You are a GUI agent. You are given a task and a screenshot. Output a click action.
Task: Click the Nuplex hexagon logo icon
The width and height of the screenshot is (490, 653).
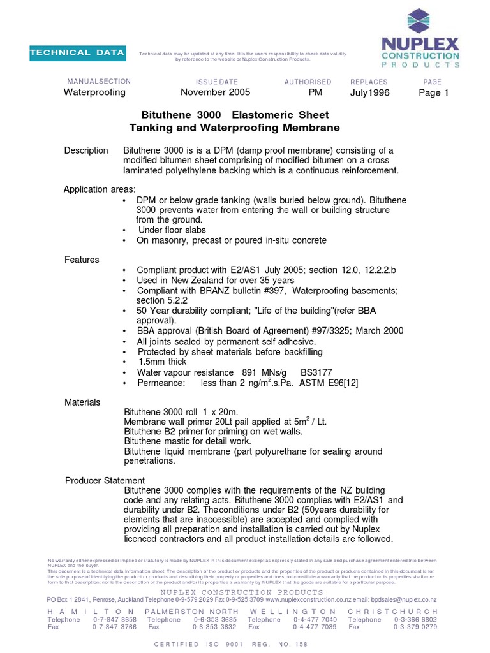point(420,22)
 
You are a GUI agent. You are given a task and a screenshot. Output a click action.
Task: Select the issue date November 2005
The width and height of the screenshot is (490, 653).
point(216,92)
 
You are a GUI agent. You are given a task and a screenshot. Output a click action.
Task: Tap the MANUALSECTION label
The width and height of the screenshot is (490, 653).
point(99,82)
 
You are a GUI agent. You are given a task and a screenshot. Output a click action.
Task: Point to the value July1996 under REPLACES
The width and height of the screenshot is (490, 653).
point(369,93)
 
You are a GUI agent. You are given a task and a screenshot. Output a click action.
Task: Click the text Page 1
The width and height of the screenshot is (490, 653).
point(434,92)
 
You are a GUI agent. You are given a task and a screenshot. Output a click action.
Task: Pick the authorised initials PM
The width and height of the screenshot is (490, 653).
point(315,92)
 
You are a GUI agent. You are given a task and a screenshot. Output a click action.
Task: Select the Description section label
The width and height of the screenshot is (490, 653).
point(86,150)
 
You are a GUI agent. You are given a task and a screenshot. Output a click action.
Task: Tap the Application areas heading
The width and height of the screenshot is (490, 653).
point(99,189)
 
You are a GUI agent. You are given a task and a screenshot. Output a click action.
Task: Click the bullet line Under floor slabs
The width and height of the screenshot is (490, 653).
point(172,230)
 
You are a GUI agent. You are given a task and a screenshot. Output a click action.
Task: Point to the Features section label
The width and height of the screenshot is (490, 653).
point(82,260)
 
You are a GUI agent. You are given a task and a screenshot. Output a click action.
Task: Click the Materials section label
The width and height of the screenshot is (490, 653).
point(82,402)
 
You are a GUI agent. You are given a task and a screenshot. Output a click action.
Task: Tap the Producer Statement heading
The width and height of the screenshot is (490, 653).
point(105,480)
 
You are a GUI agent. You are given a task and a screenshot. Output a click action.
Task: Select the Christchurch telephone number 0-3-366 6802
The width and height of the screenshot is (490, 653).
point(415,619)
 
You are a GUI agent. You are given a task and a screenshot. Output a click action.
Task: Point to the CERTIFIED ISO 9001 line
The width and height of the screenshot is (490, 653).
point(231,644)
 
